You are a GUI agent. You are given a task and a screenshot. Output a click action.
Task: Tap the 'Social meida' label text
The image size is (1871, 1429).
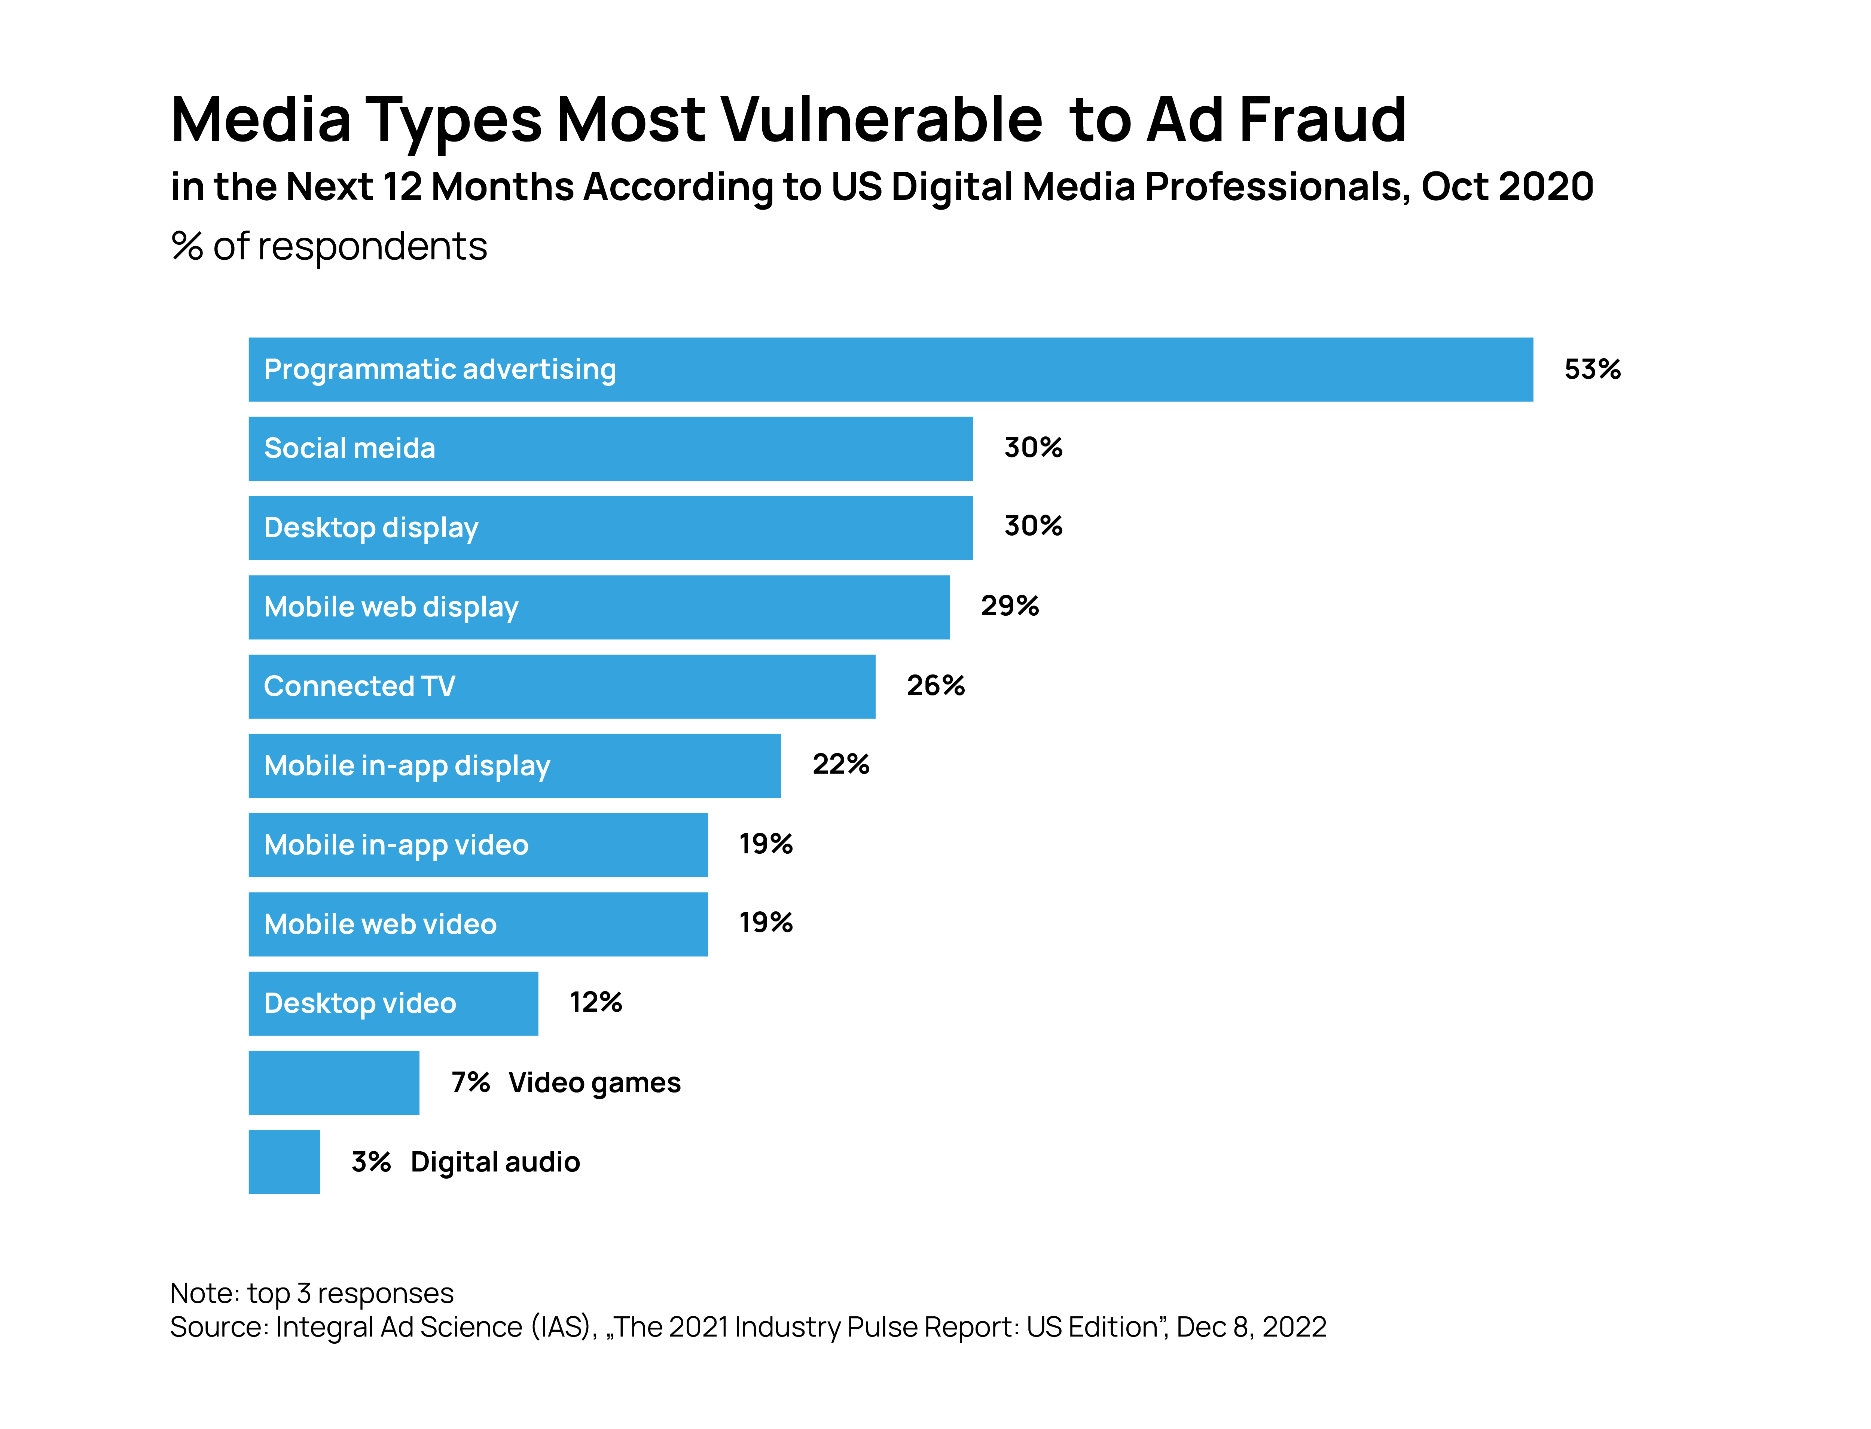(350, 448)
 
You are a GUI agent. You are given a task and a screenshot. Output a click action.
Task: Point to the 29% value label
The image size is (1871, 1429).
(1010, 606)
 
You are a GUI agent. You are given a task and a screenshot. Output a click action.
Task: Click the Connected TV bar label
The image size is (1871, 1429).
(360, 686)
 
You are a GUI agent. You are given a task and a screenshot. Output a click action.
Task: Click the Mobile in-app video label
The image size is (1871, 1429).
(396, 845)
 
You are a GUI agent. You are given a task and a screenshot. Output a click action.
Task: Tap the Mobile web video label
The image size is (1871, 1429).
(380, 924)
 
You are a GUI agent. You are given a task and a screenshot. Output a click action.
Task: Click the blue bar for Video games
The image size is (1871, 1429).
(333, 1082)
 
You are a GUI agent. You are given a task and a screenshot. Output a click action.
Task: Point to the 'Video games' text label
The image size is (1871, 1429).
(595, 1083)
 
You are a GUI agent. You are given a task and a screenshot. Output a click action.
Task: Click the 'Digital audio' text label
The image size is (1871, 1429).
(495, 1162)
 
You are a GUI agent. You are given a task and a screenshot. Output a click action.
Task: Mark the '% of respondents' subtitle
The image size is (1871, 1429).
(329, 247)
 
